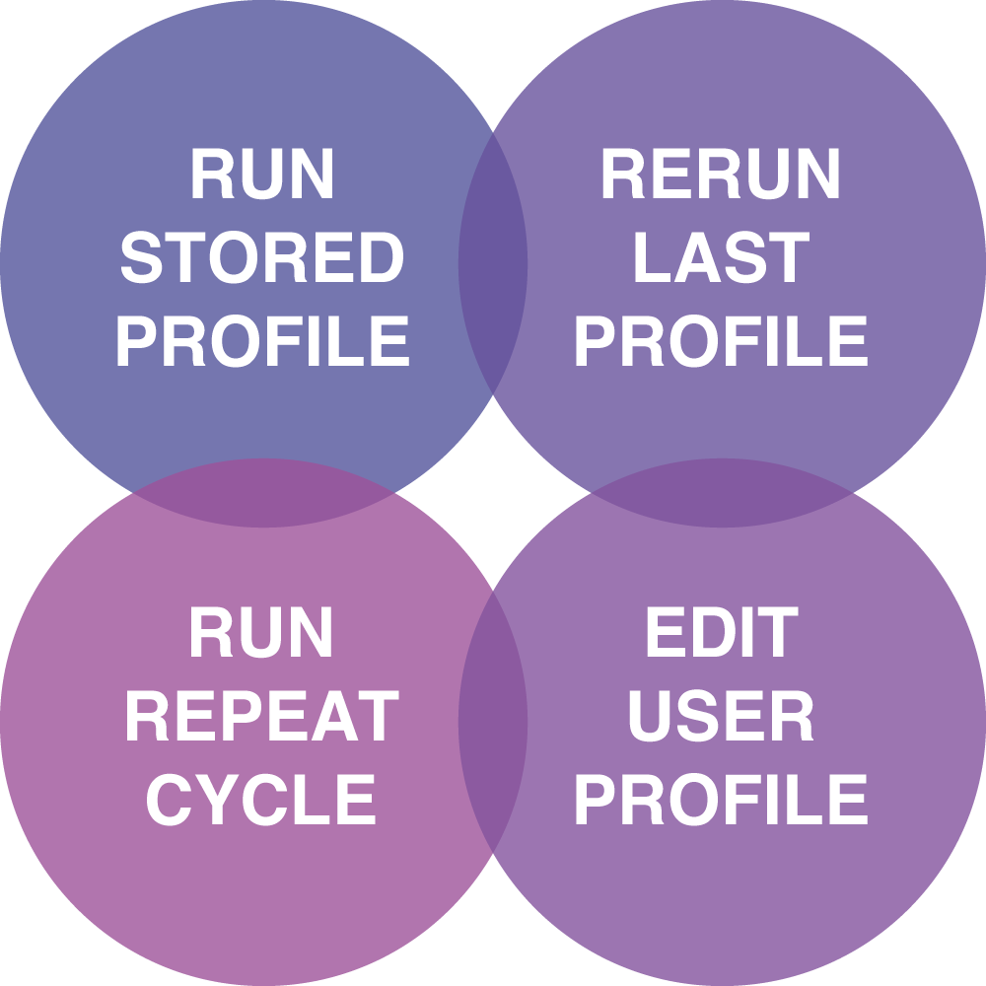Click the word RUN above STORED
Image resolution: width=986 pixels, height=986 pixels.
point(262,175)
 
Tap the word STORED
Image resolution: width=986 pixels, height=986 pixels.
point(262,258)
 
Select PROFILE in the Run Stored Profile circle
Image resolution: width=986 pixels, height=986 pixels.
point(262,341)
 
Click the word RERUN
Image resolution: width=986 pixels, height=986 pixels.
point(721,175)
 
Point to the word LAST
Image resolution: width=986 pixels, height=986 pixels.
point(721,258)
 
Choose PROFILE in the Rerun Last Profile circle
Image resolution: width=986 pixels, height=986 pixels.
point(721,341)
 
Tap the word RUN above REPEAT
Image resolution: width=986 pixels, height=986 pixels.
point(262,633)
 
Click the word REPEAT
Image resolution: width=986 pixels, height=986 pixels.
point(262,717)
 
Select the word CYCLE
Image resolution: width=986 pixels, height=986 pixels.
point(262,800)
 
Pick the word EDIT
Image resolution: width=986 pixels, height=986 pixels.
point(721,633)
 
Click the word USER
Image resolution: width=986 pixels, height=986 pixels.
point(721,717)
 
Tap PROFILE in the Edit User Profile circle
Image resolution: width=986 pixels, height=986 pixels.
point(721,800)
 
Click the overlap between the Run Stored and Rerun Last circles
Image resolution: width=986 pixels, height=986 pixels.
point(493,263)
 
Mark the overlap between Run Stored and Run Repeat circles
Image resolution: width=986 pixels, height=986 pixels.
point(263,493)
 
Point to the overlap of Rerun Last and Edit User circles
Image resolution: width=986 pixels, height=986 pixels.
point(722,493)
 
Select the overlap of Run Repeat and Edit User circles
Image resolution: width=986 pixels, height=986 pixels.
point(493,722)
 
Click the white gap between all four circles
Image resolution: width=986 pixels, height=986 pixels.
point(493,493)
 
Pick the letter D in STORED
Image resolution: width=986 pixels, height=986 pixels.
point(382,258)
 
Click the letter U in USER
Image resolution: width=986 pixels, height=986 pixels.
point(651,717)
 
